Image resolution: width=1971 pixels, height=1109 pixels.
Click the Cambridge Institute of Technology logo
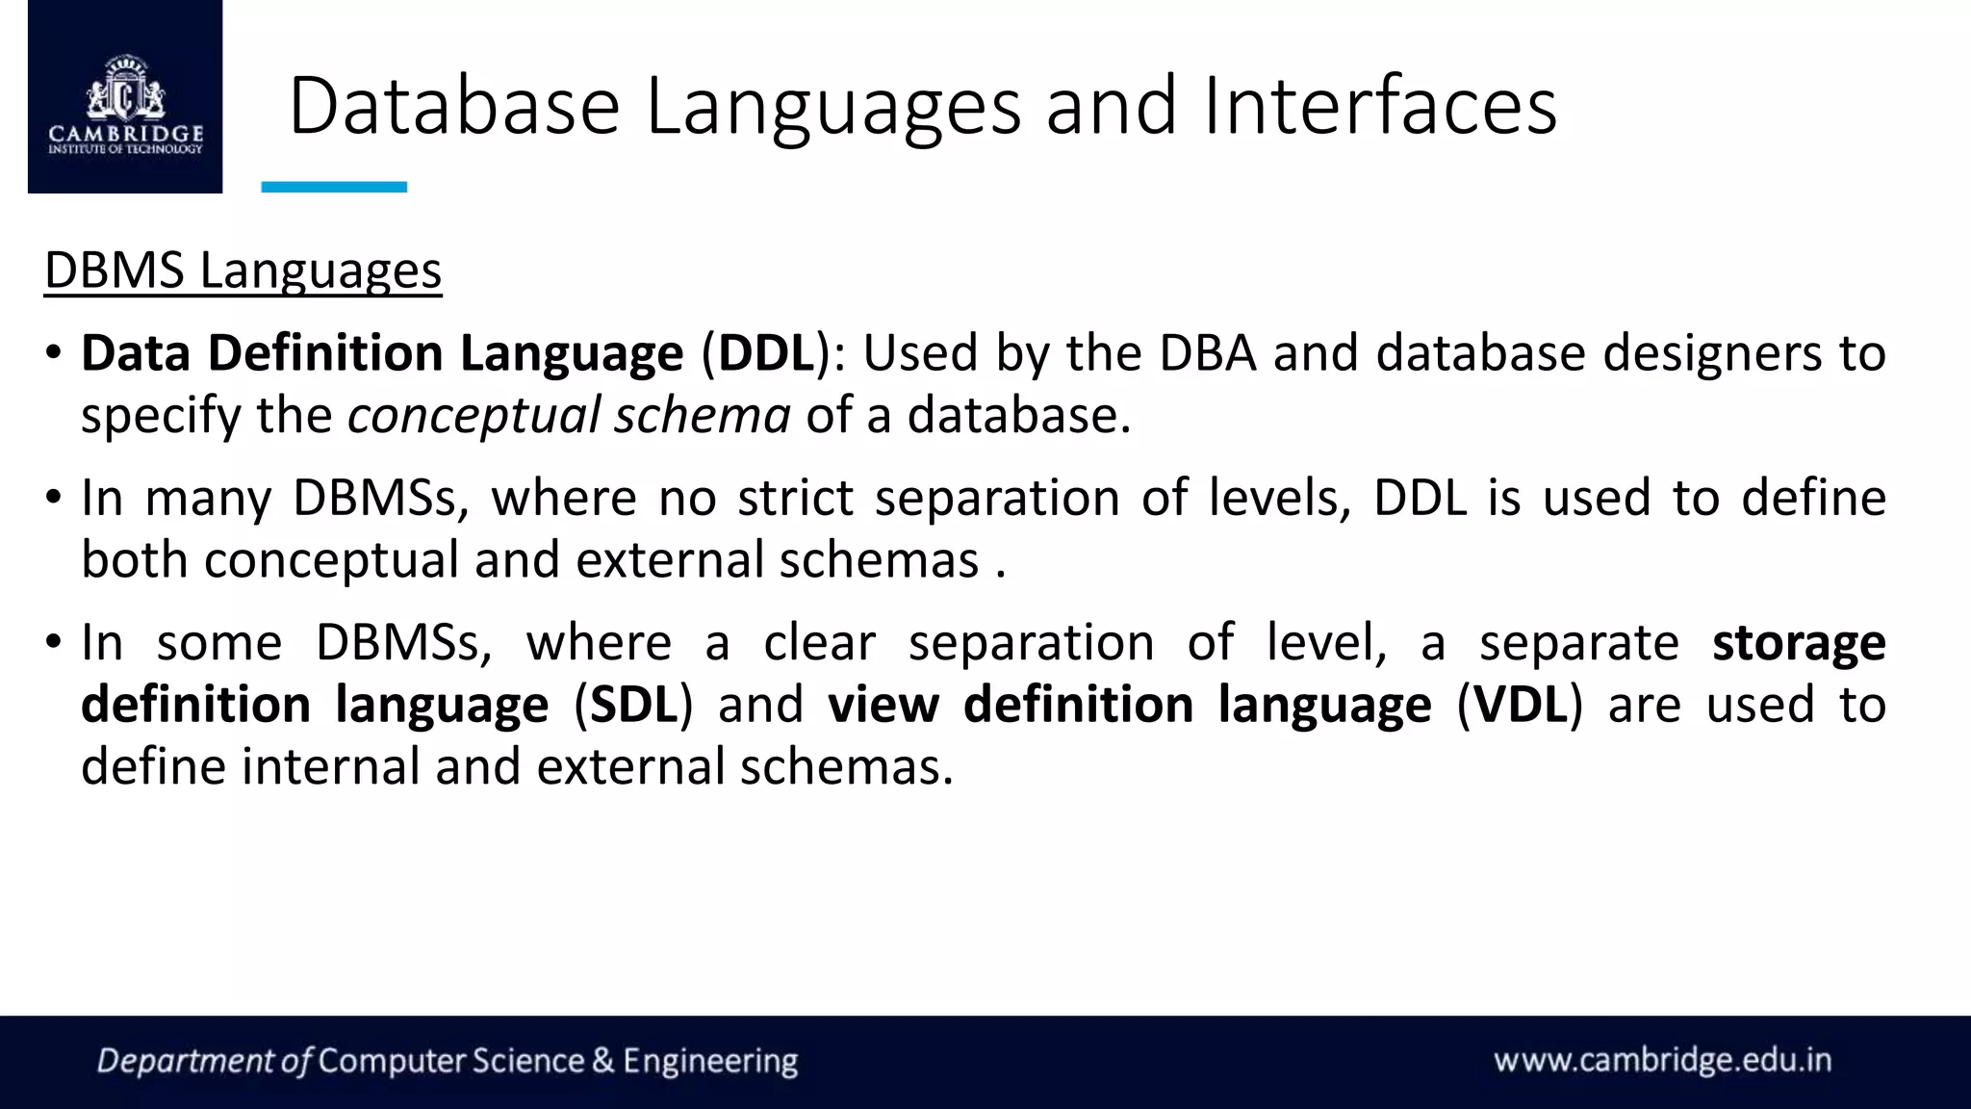[125, 98]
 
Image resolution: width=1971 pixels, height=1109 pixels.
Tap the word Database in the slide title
[453, 106]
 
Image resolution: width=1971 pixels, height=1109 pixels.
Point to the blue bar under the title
[334, 187]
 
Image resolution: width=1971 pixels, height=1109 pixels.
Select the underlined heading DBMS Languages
[243, 271]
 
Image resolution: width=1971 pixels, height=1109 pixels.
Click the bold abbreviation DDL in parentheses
[766, 352]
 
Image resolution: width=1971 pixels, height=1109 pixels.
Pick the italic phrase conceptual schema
[569, 416]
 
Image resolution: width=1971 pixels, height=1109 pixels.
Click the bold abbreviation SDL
[633, 705]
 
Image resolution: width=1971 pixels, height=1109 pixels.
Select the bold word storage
[1798, 642]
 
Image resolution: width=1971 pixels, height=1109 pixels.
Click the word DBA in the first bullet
[1207, 352]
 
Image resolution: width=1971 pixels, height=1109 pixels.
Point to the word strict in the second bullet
[795, 498]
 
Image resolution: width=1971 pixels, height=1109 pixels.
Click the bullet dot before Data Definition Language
[54, 352]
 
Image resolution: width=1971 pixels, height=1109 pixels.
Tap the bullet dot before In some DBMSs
[54, 642]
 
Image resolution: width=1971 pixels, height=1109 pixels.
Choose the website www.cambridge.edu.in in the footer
[1662, 1060]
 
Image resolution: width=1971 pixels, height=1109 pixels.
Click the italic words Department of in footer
[204, 1061]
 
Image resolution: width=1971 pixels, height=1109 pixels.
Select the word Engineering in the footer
[710, 1061]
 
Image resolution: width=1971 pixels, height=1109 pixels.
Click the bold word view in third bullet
[883, 705]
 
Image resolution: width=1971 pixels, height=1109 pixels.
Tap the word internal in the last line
[330, 767]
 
